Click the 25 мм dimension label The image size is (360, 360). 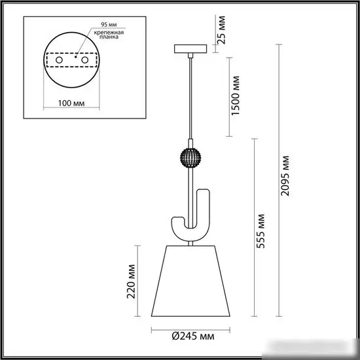click(x=221, y=30)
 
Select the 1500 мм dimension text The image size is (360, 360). click(x=235, y=96)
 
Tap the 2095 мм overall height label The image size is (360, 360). click(x=285, y=176)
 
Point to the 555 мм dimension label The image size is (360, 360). click(x=261, y=231)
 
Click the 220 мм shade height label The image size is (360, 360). click(x=131, y=281)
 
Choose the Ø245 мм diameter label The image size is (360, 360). click(x=193, y=336)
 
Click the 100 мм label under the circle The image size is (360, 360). click(x=71, y=103)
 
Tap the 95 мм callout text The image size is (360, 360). click(x=109, y=24)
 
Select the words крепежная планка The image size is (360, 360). click(x=109, y=35)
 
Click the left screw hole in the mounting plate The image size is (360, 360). click(x=59, y=60)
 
